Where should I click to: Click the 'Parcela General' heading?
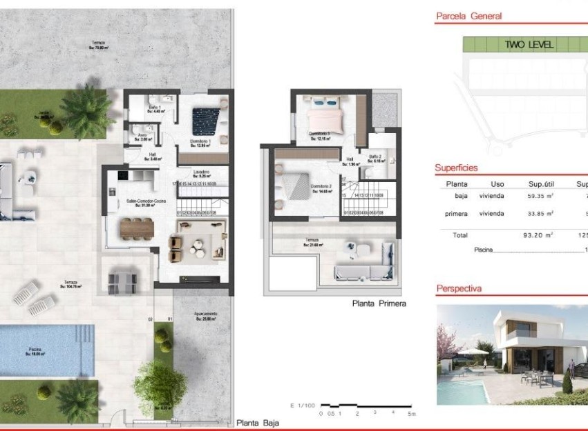point(468,16)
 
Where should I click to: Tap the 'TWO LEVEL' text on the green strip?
point(529,45)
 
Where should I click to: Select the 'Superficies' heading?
point(456,168)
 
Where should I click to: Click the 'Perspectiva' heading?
point(459,289)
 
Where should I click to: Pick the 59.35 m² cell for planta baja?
point(540,196)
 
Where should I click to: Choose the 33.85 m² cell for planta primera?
point(540,214)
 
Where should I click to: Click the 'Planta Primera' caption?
point(379,303)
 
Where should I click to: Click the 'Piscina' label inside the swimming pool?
point(34,350)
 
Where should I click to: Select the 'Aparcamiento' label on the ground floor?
point(205,314)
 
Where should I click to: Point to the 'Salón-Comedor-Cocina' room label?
point(146,201)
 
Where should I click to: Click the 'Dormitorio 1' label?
point(200,141)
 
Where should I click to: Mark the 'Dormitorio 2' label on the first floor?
point(321,187)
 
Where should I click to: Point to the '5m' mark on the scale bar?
point(412,414)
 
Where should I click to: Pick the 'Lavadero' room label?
point(202,172)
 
